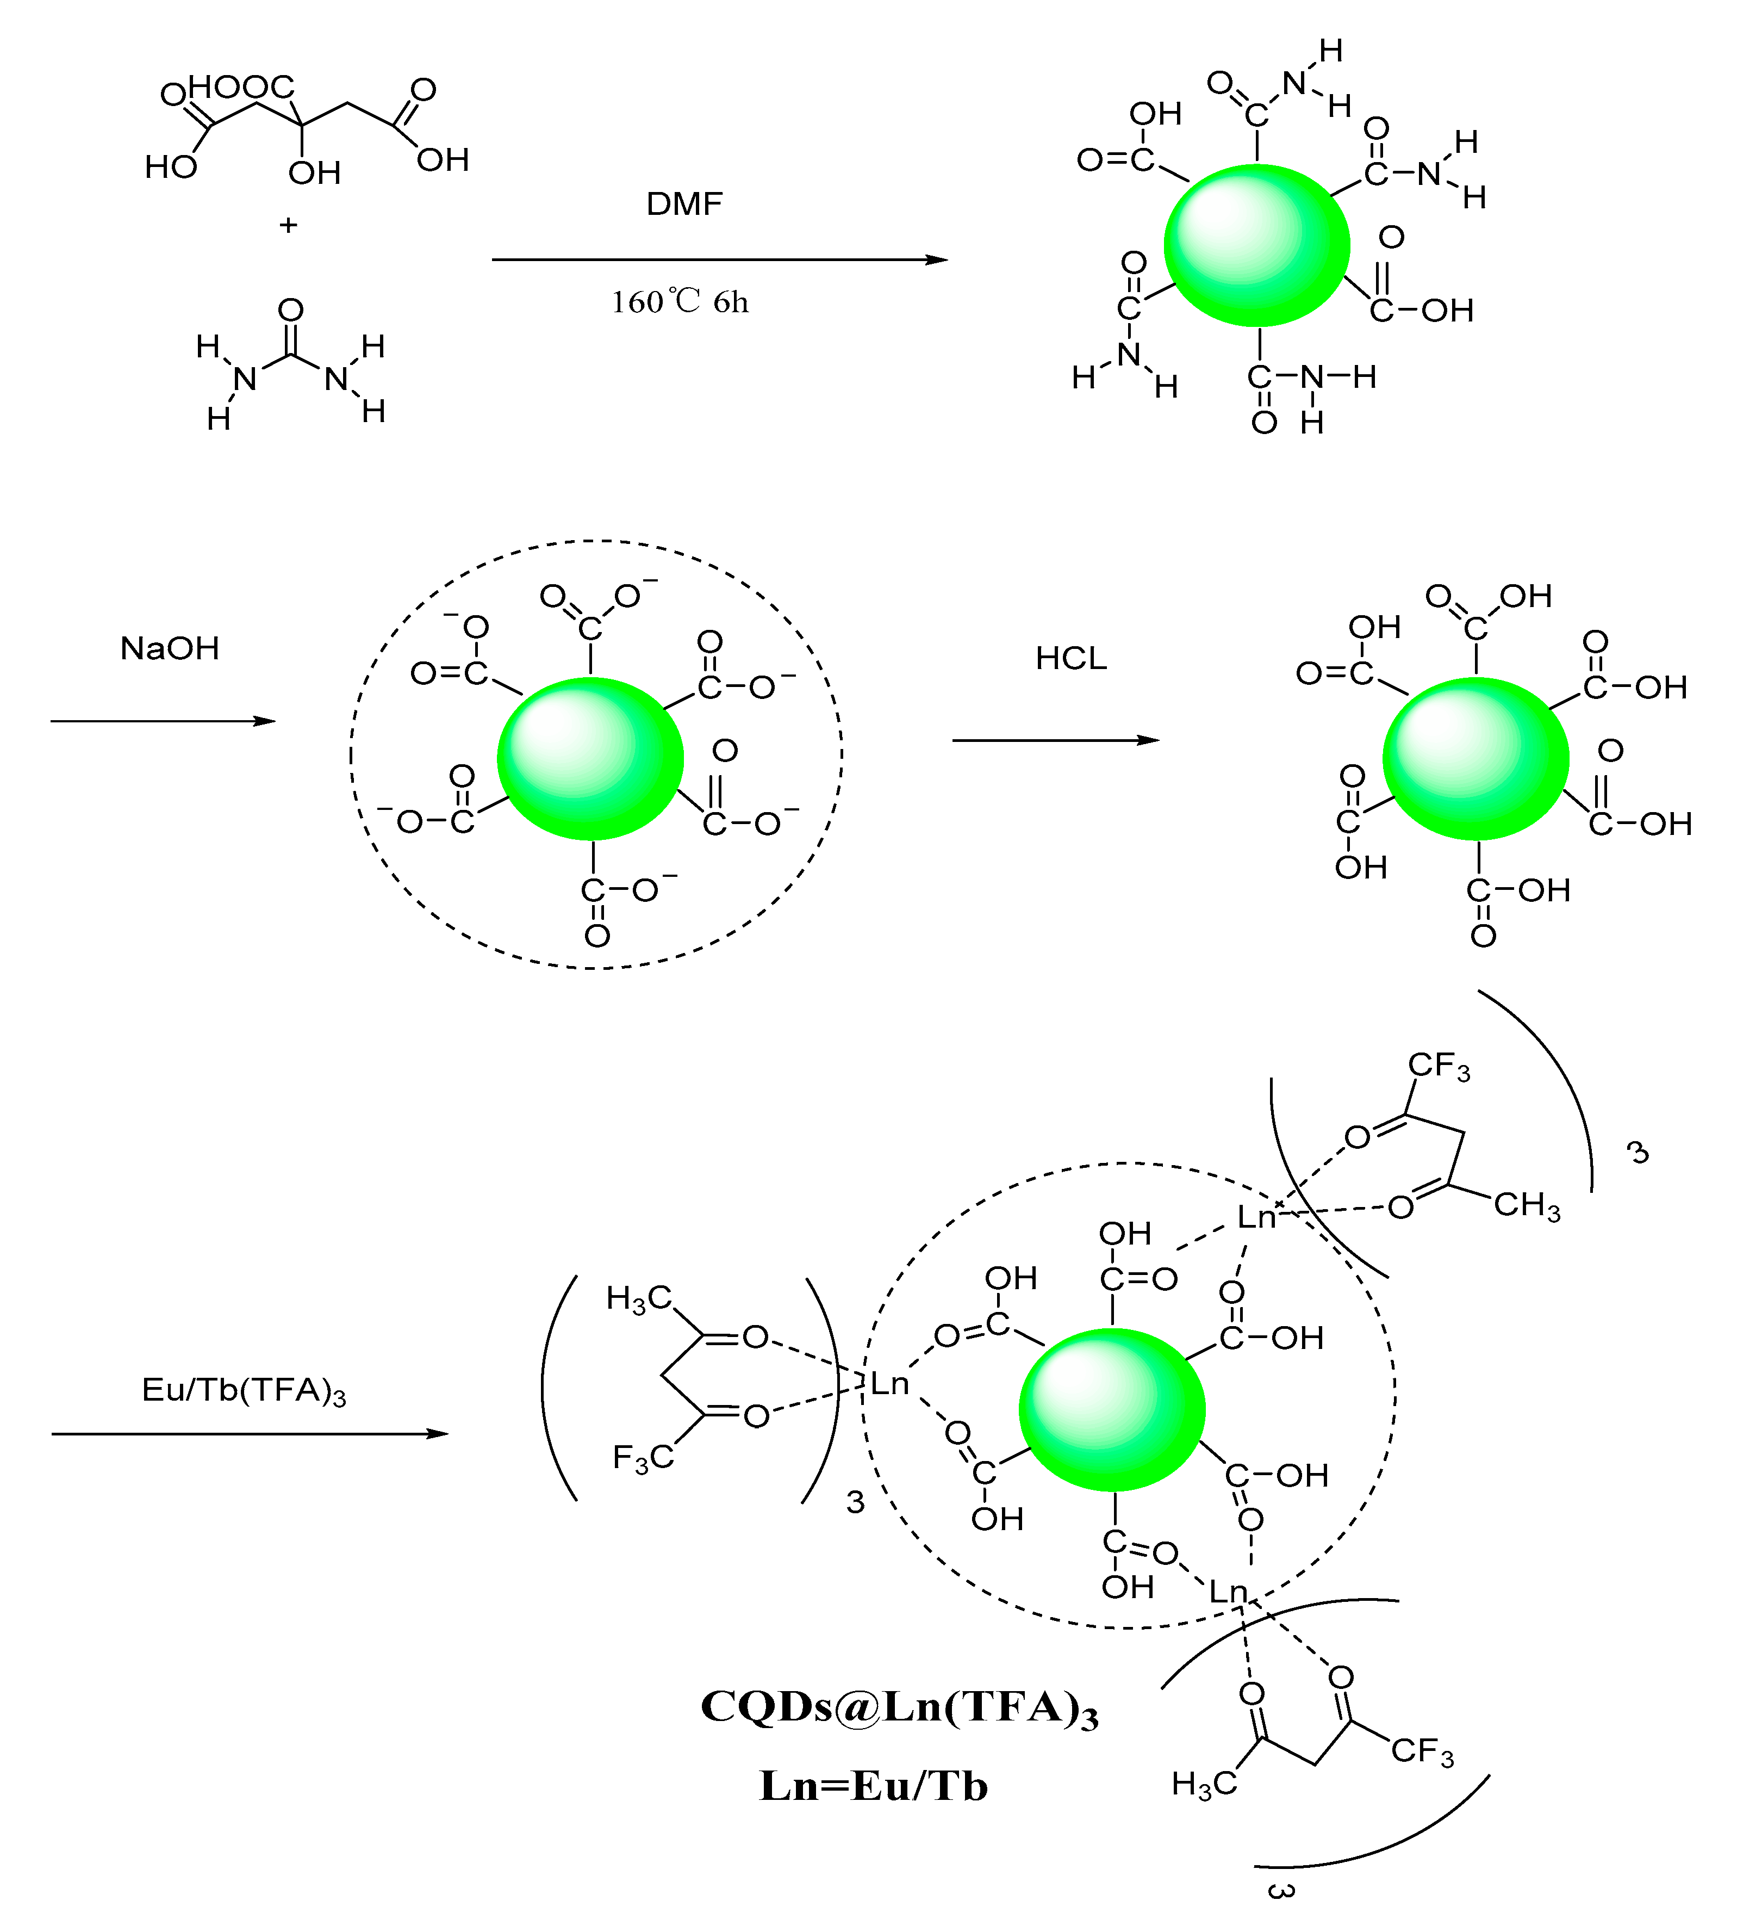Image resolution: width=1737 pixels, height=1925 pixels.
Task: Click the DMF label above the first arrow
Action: (x=684, y=203)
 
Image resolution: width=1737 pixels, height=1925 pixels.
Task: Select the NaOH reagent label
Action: (x=170, y=648)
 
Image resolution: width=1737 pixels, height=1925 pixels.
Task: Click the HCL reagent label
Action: (x=1071, y=659)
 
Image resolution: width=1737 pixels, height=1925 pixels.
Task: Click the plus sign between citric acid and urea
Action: (x=288, y=225)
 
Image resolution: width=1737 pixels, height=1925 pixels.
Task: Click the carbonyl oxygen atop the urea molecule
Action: (x=291, y=311)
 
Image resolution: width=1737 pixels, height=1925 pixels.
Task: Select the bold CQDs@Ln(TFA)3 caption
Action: (x=899, y=1707)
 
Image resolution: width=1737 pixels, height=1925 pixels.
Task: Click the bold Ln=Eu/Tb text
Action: (x=873, y=1786)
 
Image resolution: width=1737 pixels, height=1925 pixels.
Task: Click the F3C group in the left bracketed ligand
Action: (x=642, y=1459)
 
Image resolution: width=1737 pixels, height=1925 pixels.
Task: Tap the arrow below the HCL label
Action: (x=1056, y=740)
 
